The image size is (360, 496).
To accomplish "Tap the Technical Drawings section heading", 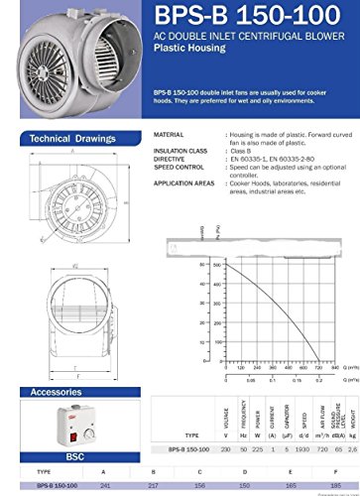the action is point(70,138).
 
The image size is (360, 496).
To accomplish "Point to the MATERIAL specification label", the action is point(171,134).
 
